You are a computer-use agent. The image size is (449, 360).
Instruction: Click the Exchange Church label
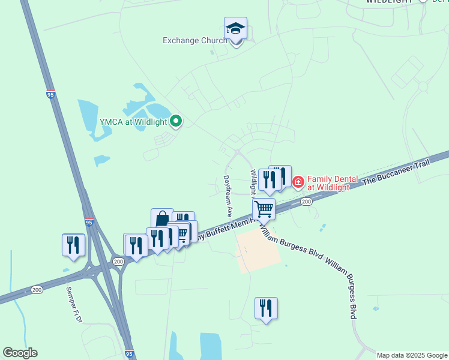[194, 41]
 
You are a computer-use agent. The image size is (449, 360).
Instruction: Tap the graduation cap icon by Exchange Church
[235, 29]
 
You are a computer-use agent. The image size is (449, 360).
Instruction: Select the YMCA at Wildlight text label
[133, 122]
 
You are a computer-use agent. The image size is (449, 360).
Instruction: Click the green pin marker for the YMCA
[176, 122]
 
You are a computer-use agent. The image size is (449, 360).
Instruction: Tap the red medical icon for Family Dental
[298, 182]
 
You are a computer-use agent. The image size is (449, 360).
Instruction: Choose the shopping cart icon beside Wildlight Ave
[264, 210]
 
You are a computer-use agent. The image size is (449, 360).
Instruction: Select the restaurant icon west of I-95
[73, 245]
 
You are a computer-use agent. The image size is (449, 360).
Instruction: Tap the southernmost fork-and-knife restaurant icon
[266, 308]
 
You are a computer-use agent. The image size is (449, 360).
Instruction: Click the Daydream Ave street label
[228, 196]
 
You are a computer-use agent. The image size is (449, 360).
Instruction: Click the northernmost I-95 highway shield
[50, 94]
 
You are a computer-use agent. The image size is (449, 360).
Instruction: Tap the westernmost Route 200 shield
[37, 290]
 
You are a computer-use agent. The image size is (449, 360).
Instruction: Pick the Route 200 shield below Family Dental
[306, 202]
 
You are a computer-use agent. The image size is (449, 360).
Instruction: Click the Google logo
[20, 353]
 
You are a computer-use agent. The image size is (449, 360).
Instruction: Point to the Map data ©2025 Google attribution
[412, 355]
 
